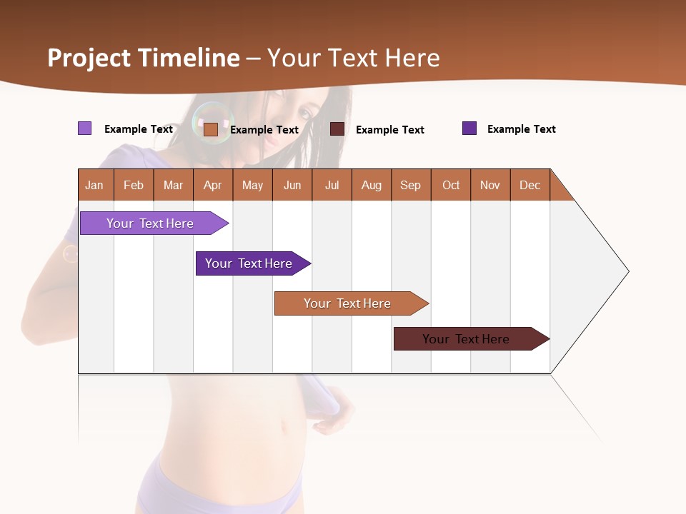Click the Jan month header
click(x=95, y=185)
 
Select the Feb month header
click(x=134, y=185)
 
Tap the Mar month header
click(x=173, y=185)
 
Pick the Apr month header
click(x=213, y=185)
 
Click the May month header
click(x=252, y=185)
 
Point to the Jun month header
click(x=292, y=185)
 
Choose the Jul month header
click(x=332, y=185)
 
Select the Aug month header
click(x=372, y=185)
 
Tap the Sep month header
click(x=411, y=185)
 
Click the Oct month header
click(x=451, y=185)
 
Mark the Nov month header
click(x=490, y=185)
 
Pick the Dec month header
click(x=530, y=185)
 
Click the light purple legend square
click(x=85, y=128)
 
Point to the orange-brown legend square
click(x=211, y=129)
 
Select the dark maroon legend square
click(x=337, y=129)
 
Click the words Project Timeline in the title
click(x=144, y=58)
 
